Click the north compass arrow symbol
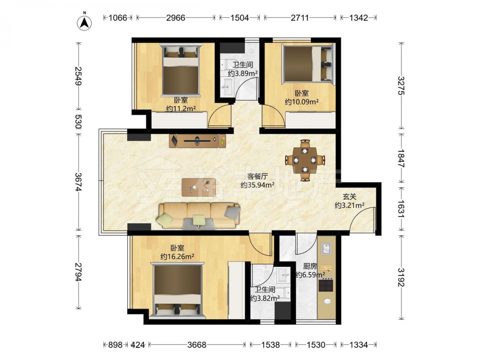(84, 23)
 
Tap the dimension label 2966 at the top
(176, 18)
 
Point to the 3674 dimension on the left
(79, 182)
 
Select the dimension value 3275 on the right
(401, 86)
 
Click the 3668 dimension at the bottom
(197, 345)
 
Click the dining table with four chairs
(305, 160)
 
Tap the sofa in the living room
(199, 216)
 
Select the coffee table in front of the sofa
(199, 187)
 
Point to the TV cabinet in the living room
(197, 141)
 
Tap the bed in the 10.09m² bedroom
(308, 64)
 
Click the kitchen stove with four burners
(326, 285)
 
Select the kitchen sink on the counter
(326, 248)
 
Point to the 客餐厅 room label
(257, 176)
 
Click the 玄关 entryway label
(349, 197)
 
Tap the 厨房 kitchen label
(310, 266)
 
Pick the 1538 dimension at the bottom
(270, 345)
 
